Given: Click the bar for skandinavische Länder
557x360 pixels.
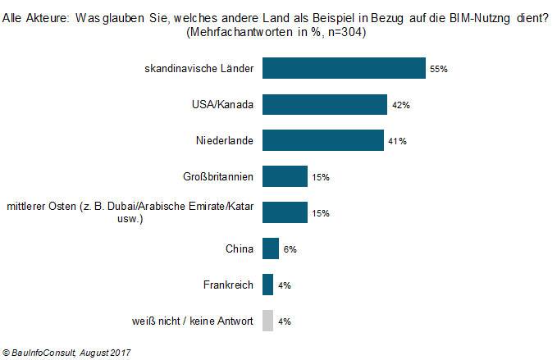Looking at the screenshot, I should [343, 69].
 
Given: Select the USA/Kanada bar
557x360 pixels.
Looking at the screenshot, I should [324, 105].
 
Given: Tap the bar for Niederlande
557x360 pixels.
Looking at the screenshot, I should [322, 140].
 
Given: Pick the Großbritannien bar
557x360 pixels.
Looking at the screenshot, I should [285, 176].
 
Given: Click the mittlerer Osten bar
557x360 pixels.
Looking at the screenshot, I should [285, 212].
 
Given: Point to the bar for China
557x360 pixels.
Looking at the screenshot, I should [270, 248].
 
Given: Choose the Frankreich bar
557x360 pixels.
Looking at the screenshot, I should [267, 285].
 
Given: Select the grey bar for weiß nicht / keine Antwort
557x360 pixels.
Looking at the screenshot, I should [267, 321].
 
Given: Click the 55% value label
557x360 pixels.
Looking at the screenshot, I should [438, 70].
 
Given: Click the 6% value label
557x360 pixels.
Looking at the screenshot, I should [290, 249].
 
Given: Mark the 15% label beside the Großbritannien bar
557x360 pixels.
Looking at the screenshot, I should [321, 177].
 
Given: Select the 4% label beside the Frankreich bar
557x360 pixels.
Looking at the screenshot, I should [285, 285].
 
